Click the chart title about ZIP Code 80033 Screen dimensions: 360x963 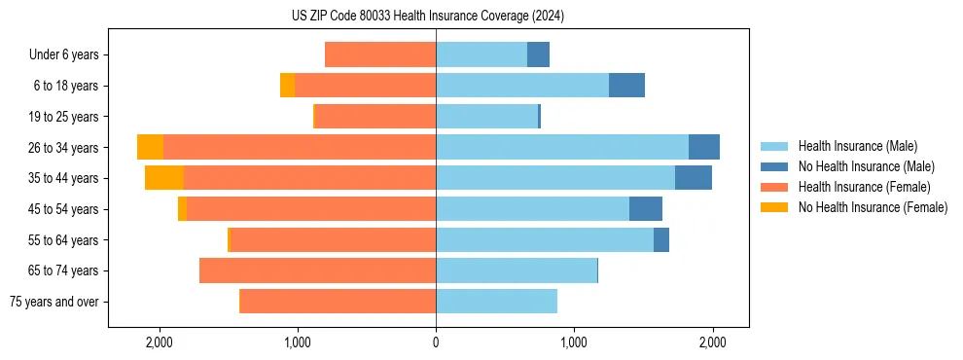[427, 16]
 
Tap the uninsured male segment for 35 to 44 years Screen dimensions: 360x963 [693, 178]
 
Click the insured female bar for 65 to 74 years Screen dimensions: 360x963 [317, 270]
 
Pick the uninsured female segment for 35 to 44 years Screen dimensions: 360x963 [164, 178]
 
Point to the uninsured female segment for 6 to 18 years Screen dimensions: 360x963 [287, 86]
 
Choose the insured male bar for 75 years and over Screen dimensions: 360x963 [496, 302]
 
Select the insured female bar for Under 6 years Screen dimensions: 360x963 [380, 54]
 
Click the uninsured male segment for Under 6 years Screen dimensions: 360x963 [538, 54]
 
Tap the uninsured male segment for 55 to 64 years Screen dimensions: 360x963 [661, 239]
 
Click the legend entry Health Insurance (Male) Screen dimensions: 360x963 [857, 146]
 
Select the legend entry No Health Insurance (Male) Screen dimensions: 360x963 [866, 166]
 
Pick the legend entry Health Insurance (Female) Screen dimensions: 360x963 [864, 187]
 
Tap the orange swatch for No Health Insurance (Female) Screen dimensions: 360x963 [774, 207]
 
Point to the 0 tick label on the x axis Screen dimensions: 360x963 [436, 342]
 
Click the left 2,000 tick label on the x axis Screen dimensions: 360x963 [159, 342]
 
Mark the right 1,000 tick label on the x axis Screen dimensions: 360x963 [574, 342]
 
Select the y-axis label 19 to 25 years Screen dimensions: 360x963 [64, 117]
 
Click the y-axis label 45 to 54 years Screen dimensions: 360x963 [64, 209]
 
